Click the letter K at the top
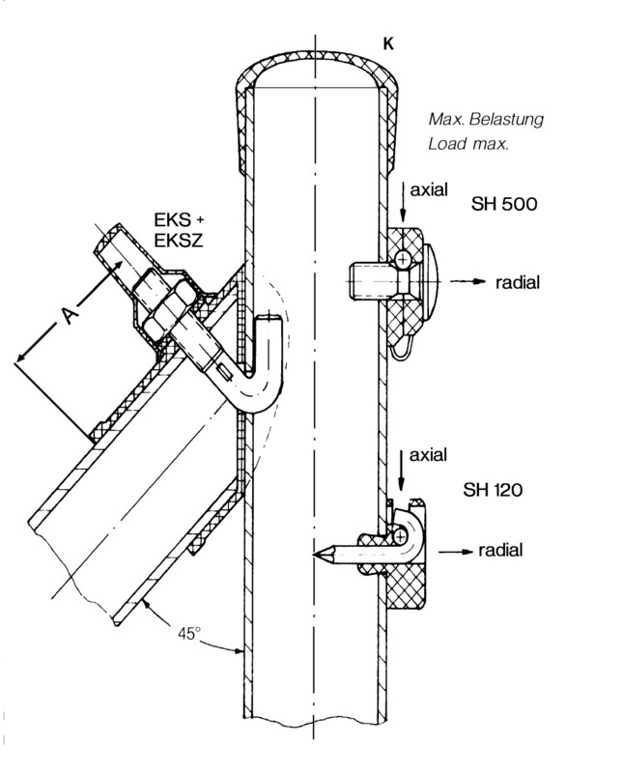(x=388, y=43)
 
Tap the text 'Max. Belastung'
(x=486, y=119)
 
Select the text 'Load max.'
(x=467, y=144)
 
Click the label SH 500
(x=504, y=204)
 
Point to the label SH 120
(x=493, y=490)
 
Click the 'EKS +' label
(x=179, y=220)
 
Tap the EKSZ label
(x=179, y=241)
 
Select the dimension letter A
(x=71, y=316)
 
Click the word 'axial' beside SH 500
(x=429, y=189)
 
